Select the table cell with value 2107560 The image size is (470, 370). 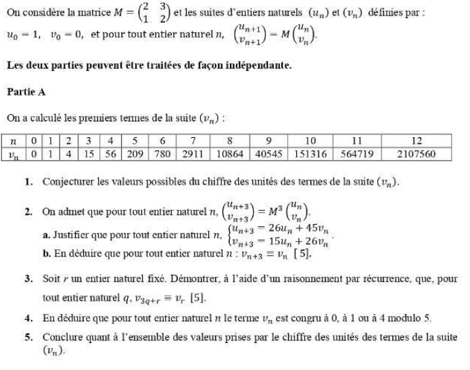(x=417, y=154)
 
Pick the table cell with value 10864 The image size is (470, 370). (x=230, y=154)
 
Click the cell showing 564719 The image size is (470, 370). (x=356, y=154)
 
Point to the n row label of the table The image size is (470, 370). (x=13, y=141)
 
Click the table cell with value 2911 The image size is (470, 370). (x=194, y=154)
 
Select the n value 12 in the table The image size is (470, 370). (x=417, y=141)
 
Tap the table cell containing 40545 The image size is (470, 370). (x=269, y=154)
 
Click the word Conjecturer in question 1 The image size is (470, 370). (x=67, y=182)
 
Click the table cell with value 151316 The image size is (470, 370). (x=311, y=154)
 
